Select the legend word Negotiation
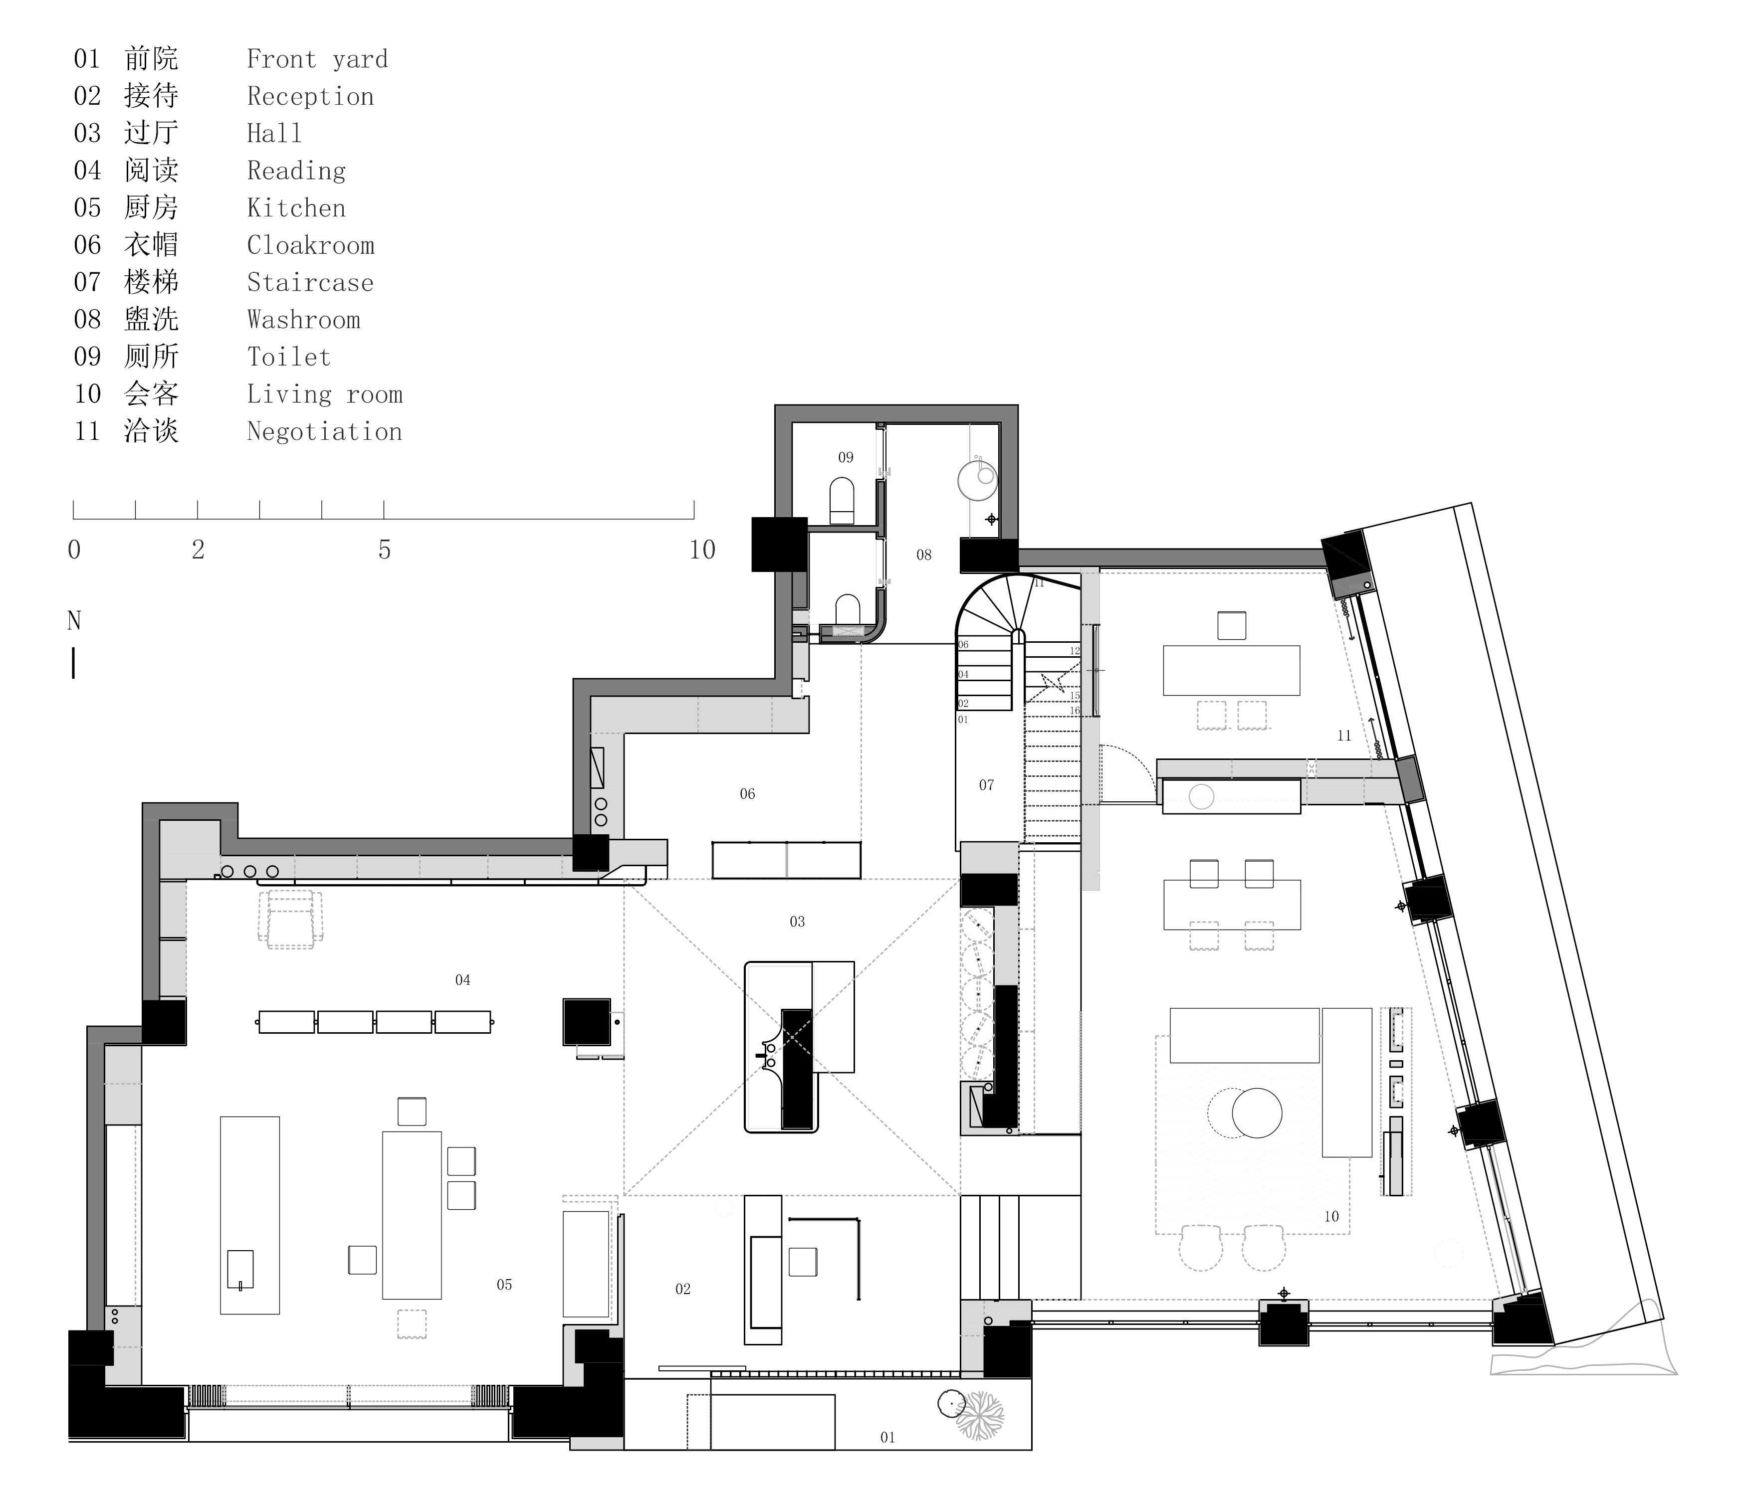pos(324,431)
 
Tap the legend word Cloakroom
pos(310,245)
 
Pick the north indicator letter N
pos(74,621)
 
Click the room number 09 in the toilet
pos(845,457)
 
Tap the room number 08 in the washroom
pos(923,555)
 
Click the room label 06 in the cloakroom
pos(747,793)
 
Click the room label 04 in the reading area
pos(462,980)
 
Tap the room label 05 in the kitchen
pos(504,1285)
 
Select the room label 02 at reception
pos(682,1289)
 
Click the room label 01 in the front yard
pos(887,1437)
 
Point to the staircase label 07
pos(986,785)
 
